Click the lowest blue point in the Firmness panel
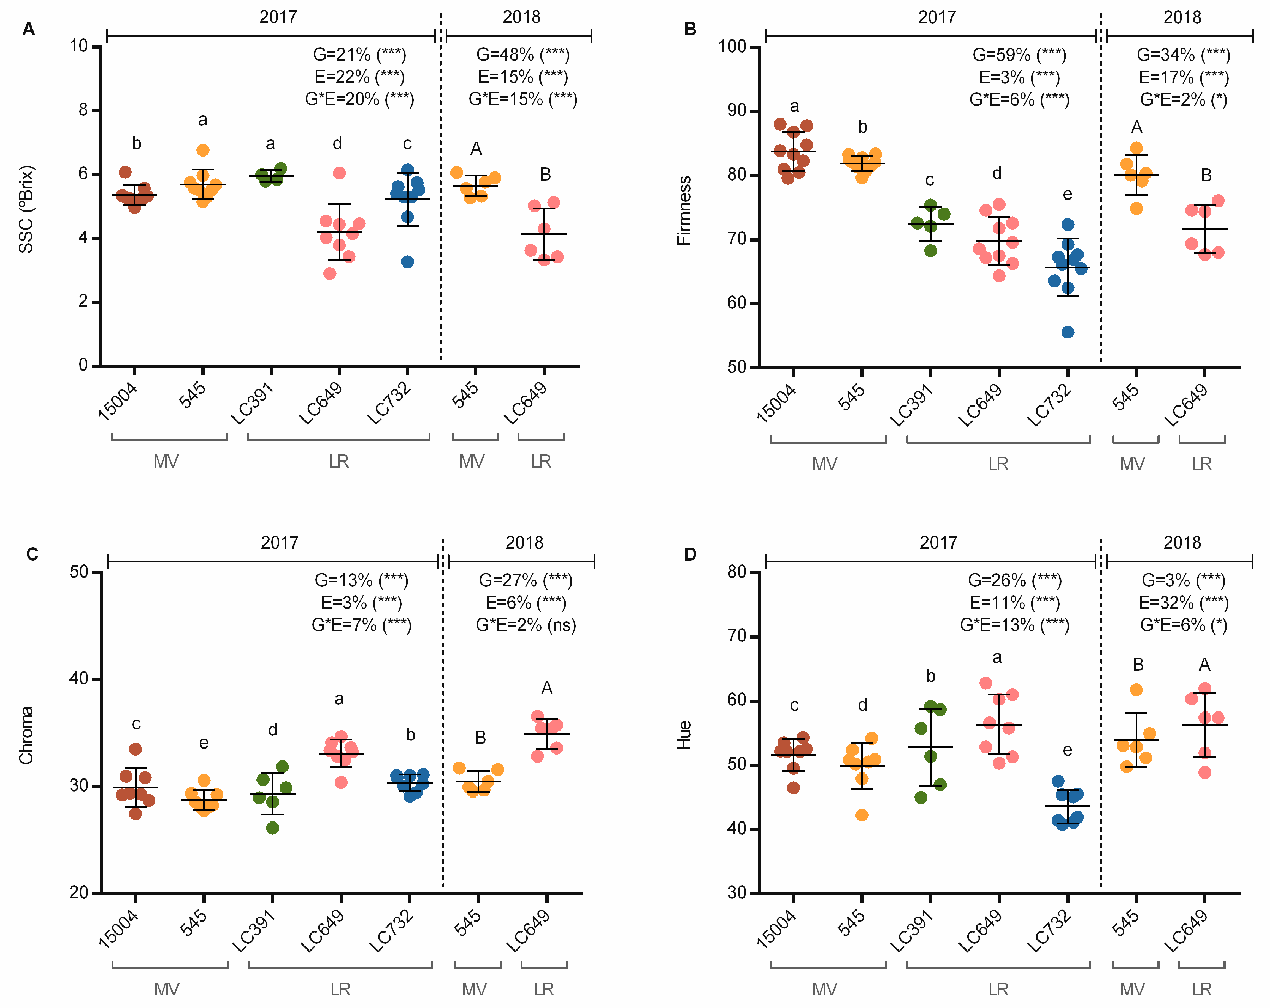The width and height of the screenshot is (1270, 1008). [x=1068, y=332]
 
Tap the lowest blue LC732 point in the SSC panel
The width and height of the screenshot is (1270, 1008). [x=407, y=261]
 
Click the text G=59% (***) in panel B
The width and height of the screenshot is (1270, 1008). [x=1019, y=55]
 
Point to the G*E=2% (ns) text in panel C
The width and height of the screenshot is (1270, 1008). [x=525, y=625]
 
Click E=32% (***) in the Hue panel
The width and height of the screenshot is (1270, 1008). [x=1183, y=602]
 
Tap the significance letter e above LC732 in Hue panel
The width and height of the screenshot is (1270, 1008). [x=1068, y=750]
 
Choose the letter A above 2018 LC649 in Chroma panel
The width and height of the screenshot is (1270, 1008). [x=547, y=688]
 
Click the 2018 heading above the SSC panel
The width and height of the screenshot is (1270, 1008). [x=521, y=17]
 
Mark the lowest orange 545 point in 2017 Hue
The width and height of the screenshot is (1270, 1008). [x=862, y=815]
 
